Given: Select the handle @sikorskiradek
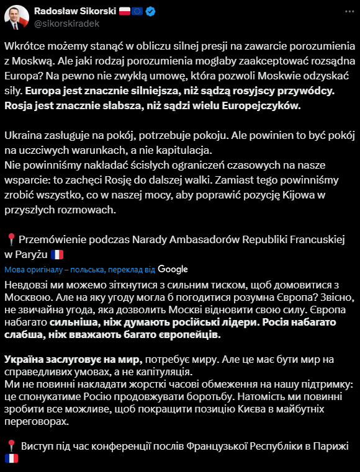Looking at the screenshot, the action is (66, 24).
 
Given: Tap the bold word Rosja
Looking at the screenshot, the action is (20, 105).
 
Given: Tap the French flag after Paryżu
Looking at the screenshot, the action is (58, 254).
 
